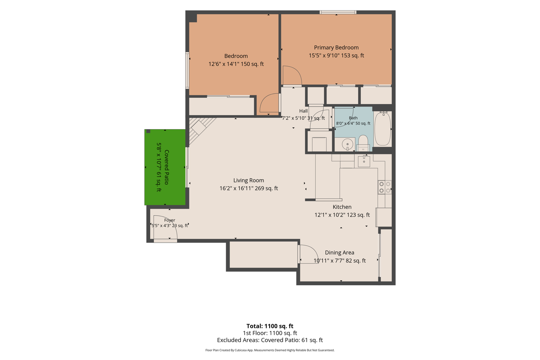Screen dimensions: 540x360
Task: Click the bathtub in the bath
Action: pos(382,129)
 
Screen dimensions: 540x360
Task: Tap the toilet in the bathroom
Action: pos(363,143)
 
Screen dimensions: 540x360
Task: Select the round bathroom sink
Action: pos(347,144)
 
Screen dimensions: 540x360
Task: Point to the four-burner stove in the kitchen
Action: pos(384,187)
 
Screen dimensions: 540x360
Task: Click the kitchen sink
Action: pos(364,161)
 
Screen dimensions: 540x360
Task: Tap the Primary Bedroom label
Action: pos(336,48)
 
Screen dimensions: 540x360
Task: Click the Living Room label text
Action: pos(248,180)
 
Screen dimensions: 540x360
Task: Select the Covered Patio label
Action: pos(167,168)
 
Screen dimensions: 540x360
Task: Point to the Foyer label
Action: pos(170,220)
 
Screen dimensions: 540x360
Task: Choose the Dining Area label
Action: pos(340,252)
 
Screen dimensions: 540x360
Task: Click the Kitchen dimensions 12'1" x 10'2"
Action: pos(330,215)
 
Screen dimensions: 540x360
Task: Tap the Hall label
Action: pos(303,111)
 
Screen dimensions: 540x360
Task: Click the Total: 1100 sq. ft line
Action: pos(270,326)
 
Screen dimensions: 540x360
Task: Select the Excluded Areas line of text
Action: pos(270,340)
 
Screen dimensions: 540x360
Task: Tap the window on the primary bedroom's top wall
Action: pos(338,12)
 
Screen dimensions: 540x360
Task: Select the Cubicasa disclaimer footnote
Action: pos(270,350)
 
